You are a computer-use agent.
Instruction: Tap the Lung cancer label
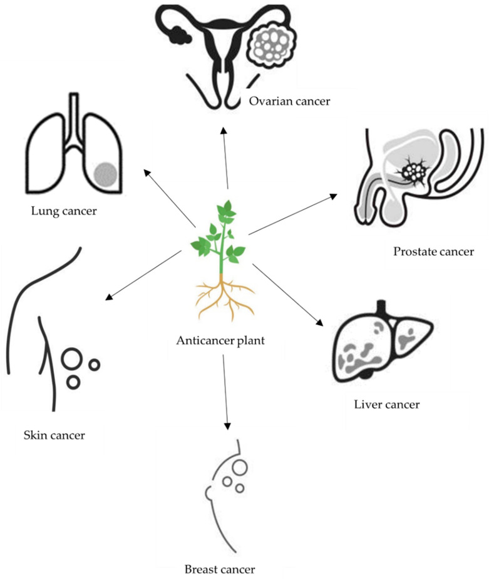pos(64,211)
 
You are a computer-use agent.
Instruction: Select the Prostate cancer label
pos(433,252)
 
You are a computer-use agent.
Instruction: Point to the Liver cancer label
pos(386,405)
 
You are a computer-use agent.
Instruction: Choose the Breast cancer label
pos(220,570)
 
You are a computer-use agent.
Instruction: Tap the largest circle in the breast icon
pos(239,466)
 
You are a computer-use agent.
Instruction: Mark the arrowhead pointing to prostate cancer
pos(334,196)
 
